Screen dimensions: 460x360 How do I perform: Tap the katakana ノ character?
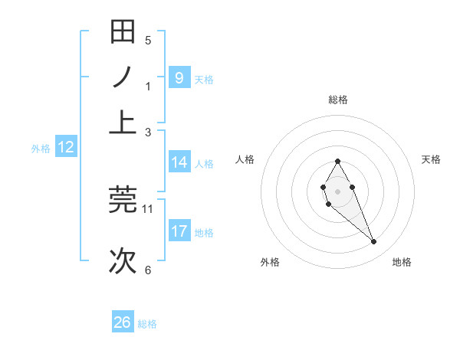123,77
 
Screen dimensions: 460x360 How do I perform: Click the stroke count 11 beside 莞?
148,208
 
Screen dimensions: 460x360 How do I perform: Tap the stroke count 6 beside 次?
148,270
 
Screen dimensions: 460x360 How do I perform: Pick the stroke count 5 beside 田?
148,40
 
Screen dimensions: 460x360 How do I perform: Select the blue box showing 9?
179,77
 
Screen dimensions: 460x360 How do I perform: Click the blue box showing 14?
179,162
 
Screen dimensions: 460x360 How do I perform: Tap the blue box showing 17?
179,231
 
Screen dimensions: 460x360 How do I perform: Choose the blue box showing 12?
66,148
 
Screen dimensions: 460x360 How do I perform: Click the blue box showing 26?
123,322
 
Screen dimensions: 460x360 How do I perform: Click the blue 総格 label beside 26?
147,324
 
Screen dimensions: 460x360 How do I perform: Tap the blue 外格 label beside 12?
40,149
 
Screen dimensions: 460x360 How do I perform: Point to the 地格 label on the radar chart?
402,262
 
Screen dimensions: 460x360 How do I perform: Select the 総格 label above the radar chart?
338,100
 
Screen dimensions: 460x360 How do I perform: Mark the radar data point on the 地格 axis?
374,242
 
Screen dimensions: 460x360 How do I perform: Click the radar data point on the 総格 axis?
338,161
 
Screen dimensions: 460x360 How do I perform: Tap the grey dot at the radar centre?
338,190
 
